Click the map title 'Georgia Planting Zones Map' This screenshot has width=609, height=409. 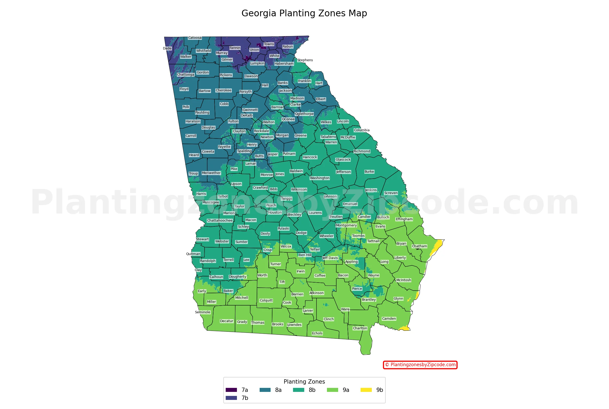pos(304,13)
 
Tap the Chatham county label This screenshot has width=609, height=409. pos(419,246)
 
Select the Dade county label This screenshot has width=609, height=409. pos(167,48)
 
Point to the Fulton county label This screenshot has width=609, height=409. pos(233,121)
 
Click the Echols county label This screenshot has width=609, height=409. pos(317,333)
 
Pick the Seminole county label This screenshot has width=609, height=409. pos(202,312)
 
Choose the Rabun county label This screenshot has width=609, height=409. pos(288,47)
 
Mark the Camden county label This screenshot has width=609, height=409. pos(389,319)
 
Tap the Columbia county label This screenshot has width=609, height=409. pos(362,130)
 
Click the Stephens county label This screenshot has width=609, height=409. pos(305,60)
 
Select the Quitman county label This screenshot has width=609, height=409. pos(193,254)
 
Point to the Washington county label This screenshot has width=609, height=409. pos(320,178)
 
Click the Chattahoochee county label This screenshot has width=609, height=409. pos(220,221)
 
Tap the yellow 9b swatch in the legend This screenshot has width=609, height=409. pos(366,390)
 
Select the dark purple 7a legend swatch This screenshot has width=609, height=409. pos(231,390)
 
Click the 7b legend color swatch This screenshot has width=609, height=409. pos(231,398)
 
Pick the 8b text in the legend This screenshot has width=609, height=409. pos(312,390)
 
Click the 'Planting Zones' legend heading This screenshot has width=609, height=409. pos(304,382)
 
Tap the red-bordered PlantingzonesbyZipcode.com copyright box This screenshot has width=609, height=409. pos(420,365)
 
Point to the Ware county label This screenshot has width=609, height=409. pos(345,309)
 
